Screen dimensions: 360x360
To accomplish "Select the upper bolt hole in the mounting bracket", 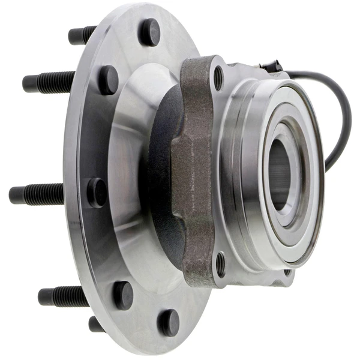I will pos(218,78).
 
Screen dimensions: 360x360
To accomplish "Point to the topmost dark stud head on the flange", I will pos(149,32).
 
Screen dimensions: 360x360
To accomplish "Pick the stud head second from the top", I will pos(108,79).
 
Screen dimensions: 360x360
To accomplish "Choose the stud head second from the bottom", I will pos(123,295).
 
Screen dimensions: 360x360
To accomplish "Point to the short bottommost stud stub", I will pos(96,324).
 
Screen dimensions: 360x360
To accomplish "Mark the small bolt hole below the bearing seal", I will pos(287,272).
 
